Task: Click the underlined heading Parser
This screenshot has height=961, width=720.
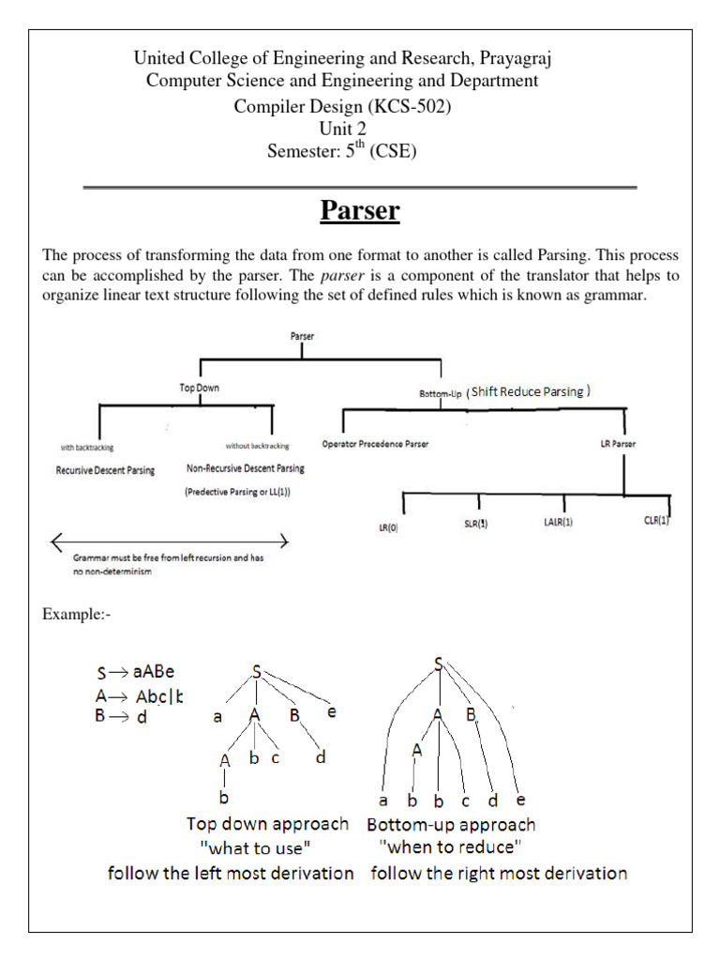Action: tap(360, 211)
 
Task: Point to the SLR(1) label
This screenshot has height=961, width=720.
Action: tap(476, 525)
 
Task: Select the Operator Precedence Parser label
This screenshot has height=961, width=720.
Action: tap(375, 444)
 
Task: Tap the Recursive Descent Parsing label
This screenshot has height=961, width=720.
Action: tap(105, 469)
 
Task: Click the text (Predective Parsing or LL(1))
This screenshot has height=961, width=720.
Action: tap(237, 491)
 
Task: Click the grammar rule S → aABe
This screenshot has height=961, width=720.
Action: tap(136, 672)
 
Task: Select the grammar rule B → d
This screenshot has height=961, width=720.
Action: tap(123, 717)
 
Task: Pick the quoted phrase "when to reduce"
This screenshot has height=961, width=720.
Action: tap(446, 847)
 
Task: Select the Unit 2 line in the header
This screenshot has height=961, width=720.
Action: tap(342, 129)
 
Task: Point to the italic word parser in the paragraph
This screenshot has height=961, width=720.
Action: tap(343, 276)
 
